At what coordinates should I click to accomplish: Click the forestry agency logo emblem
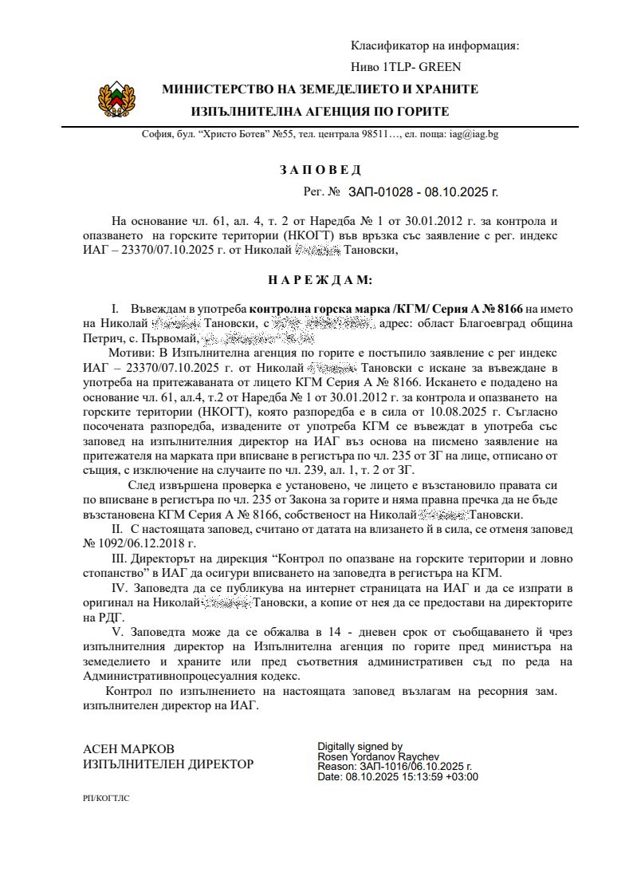[x=116, y=100]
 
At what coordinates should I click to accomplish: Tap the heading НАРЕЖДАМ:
[x=320, y=280]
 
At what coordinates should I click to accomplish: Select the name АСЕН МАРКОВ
[x=128, y=749]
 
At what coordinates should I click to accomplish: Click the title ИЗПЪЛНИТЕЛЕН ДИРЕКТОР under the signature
[x=168, y=764]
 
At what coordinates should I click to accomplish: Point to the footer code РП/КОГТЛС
[x=106, y=798]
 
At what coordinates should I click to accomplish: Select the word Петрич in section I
[x=101, y=338]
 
